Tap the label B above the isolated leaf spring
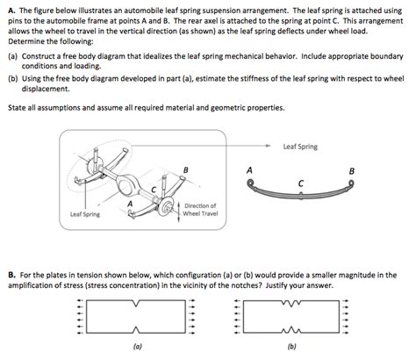coord(352,170)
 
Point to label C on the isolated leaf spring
coord(300,183)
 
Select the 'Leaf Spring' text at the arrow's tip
coord(301,146)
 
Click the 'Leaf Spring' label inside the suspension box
coord(85,213)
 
